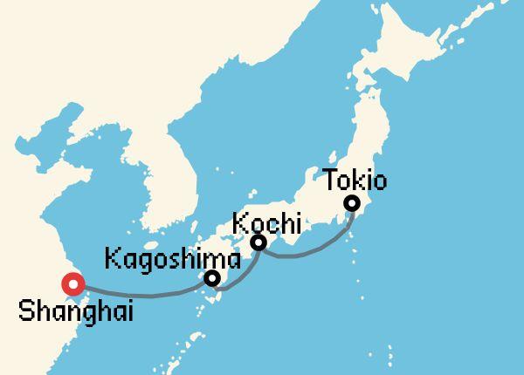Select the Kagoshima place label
[172, 259]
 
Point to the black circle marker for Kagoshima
[212, 279]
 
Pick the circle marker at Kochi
[259, 242]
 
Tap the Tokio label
[355, 181]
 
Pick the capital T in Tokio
[332, 181]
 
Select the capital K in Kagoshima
[111, 259]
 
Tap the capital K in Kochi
[238, 223]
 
